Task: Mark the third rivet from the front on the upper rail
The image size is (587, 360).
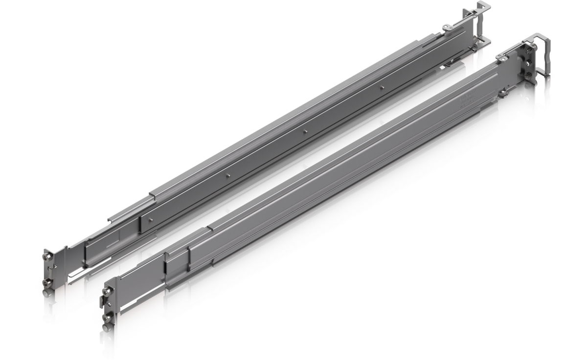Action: point(305,131)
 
